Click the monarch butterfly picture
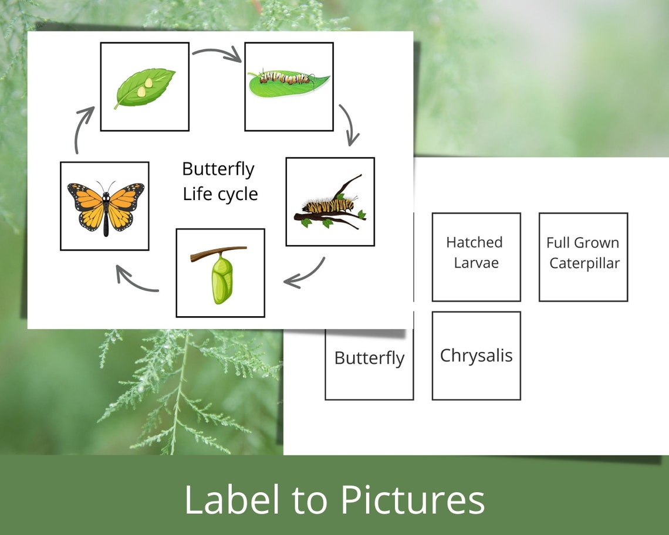[x=105, y=206]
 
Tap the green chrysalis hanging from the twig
[x=222, y=280]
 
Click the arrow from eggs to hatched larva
[x=217, y=55]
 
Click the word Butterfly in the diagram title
[x=218, y=169]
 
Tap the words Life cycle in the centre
[x=220, y=194]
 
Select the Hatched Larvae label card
[x=476, y=256]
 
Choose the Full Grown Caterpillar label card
[x=583, y=256]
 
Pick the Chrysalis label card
[x=476, y=355]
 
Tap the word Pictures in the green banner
[x=412, y=500]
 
